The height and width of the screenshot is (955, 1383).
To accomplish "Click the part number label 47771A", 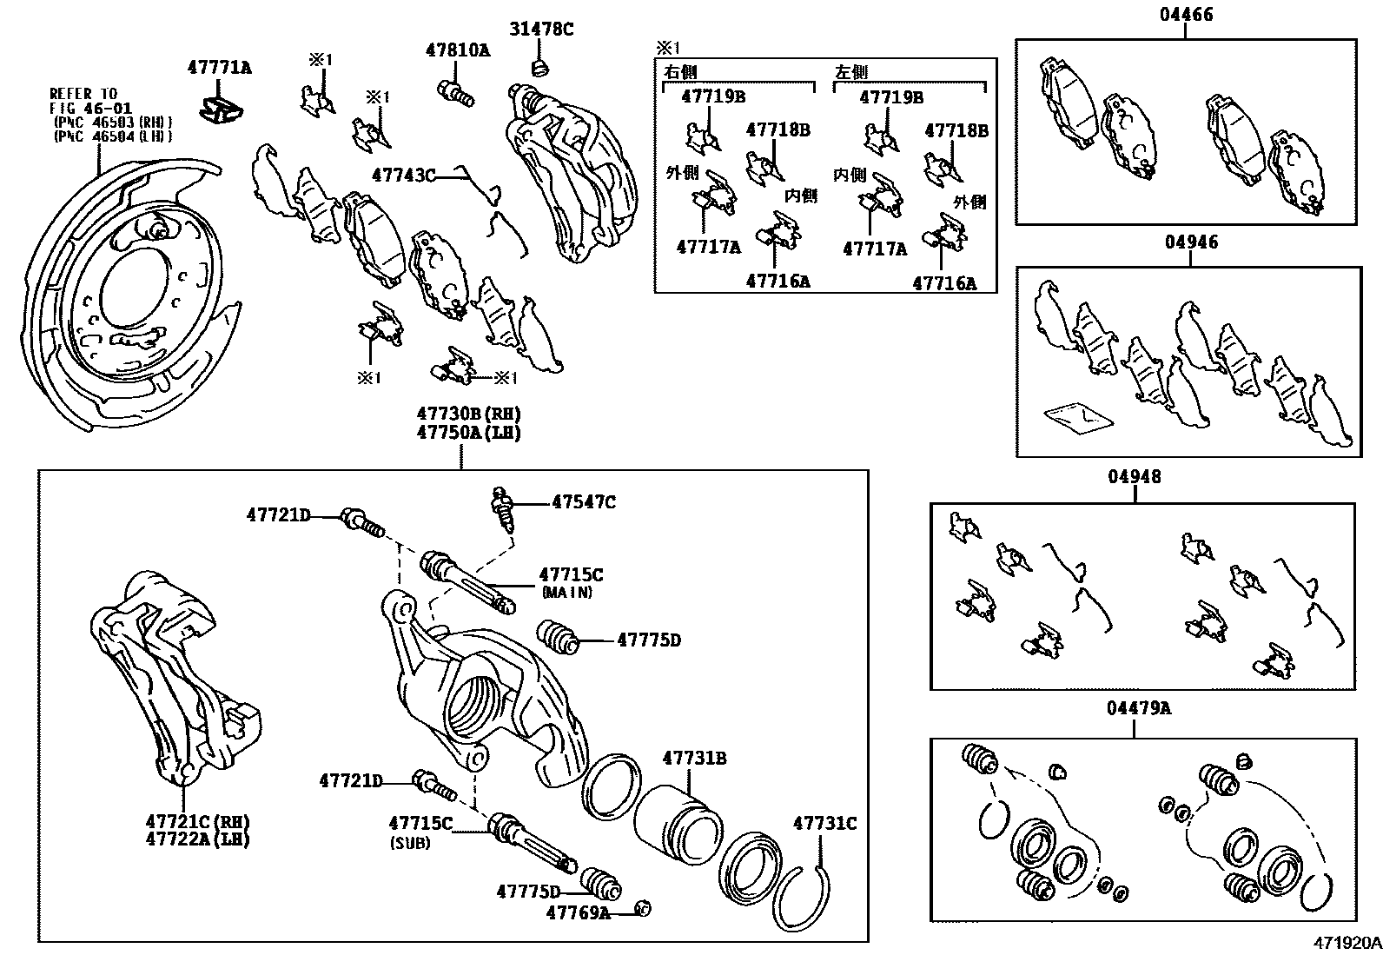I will [x=219, y=67].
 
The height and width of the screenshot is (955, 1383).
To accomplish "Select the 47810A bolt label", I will [x=457, y=50].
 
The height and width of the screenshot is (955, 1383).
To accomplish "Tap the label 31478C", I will [x=541, y=30].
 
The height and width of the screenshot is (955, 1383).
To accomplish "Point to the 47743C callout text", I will [x=403, y=176].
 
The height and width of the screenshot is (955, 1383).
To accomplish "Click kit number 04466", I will [x=1186, y=15].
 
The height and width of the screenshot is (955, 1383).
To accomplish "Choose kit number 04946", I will [x=1190, y=242].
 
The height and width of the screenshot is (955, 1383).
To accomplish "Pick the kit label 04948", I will [x=1134, y=477].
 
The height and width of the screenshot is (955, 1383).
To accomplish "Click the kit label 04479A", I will [x=1138, y=709].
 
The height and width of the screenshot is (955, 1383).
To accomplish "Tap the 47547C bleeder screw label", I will [x=584, y=502].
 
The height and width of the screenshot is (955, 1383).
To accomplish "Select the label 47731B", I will [x=694, y=758].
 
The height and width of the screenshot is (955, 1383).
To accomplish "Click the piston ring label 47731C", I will [x=824, y=823].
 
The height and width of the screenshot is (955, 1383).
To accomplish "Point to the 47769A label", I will [x=578, y=912].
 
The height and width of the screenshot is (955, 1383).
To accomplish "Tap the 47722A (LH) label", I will [x=198, y=840].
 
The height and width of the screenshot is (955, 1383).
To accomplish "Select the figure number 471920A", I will [x=1346, y=942].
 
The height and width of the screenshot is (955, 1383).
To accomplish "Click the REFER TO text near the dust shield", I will [x=83, y=94].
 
